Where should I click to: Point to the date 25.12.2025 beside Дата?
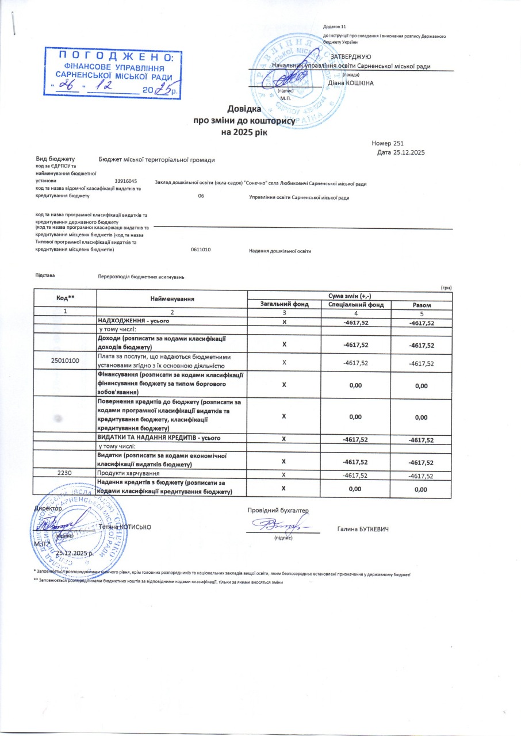click(x=409, y=152)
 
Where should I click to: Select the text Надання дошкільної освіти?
click(x=280, y=251)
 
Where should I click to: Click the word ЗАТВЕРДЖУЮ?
click(x=350, y=56)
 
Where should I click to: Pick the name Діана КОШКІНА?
click(x=350, y=83)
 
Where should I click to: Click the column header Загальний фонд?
click(x=285, y=304)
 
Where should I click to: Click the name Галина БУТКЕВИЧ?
click(x=363, y=528)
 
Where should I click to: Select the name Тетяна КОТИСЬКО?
click(x=125, y=527)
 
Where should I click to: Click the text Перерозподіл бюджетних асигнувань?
click(x=141, y=277)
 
